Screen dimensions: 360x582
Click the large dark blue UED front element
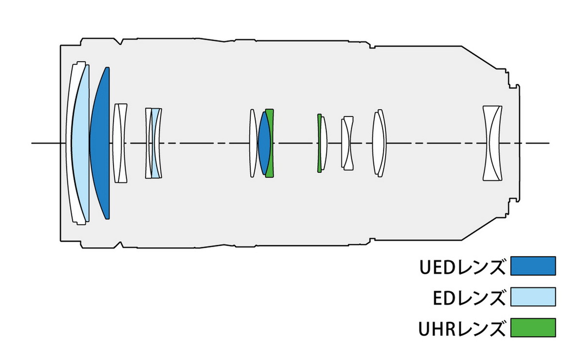point(101,144)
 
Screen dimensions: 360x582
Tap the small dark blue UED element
point(263,144)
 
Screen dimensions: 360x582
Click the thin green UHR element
point(319,144)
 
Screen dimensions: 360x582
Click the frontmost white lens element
point(71,144)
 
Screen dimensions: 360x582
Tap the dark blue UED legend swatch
point(533,266)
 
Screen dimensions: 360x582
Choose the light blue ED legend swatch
point(533,296)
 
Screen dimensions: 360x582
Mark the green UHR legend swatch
point(533,327)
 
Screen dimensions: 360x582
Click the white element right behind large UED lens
point(120,144)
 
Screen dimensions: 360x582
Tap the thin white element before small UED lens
point(253,144)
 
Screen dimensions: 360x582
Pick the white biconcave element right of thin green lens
point(347,144)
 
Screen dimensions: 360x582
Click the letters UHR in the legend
point(436,328)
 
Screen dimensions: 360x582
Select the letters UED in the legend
point(436,267)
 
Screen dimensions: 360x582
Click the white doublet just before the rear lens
point(379,144)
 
